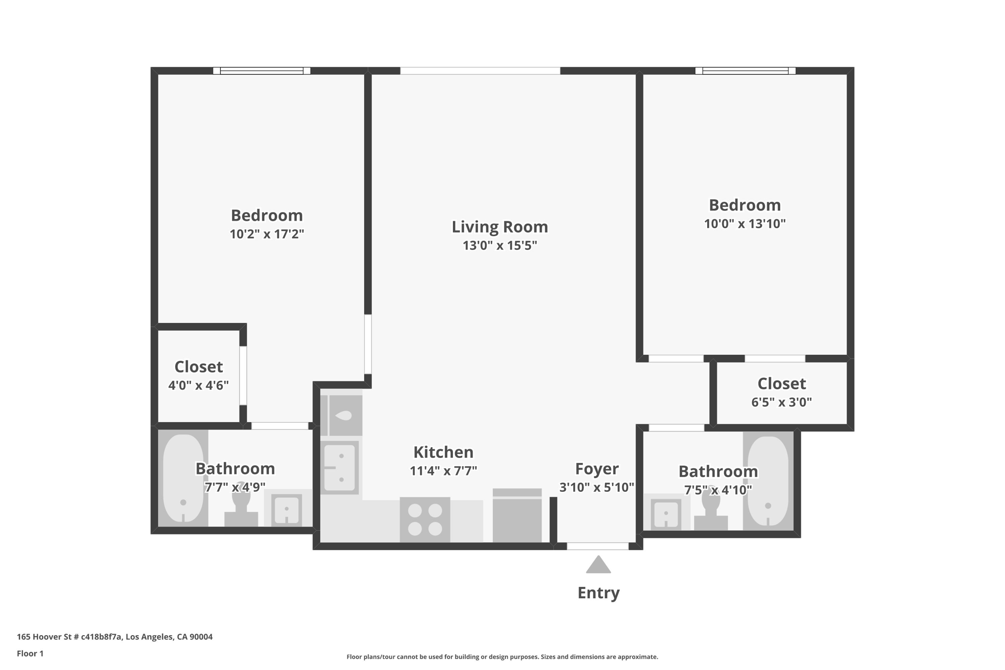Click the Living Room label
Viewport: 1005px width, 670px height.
tap(500, 227)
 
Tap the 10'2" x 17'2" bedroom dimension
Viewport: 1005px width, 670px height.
tap(267, 234)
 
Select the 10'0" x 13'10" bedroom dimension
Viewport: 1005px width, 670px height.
tap(744, 224)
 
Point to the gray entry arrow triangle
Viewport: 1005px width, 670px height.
tap(598, 565)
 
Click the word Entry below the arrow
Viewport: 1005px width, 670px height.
tap(598, 593)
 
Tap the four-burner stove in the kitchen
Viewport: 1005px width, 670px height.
tap(425, 519)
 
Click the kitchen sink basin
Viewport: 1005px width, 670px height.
tap(340, 467)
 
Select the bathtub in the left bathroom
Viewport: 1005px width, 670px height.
tap(183, 478)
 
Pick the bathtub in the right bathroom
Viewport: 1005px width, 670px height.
tap(768, 481)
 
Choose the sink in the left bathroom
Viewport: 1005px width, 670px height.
tap(286, 509)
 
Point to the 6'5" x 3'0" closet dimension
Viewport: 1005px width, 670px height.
tap(781, 402)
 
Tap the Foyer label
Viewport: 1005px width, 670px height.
tap(597, 469)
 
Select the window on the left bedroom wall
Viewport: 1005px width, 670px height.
tap(262, 71)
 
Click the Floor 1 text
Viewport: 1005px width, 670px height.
tap(30, 653)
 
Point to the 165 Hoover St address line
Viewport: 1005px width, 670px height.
tap(115, 637)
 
